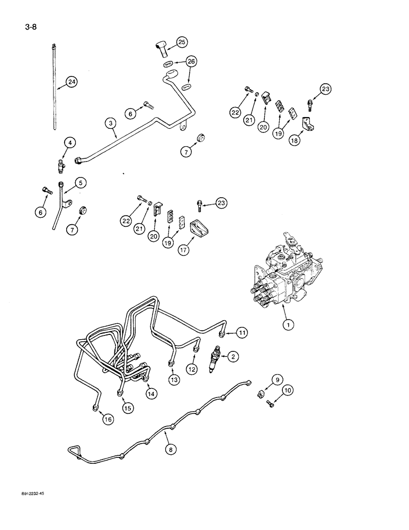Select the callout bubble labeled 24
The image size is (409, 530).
(x=70, y=82)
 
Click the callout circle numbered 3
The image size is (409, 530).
(x=110, y=123)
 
